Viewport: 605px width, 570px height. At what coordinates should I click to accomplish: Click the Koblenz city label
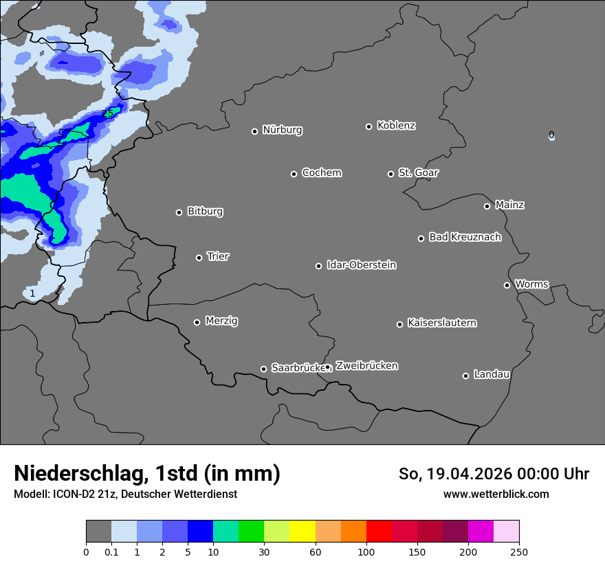[x=396, y=126]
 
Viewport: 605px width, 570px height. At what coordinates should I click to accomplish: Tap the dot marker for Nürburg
[x=254, y=131]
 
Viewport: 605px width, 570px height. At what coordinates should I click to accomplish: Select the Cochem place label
[x=321, y=173]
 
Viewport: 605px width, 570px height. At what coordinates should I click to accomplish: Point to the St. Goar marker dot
[x=390, y=174]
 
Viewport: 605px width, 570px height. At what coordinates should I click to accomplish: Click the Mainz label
[x=509, y=205]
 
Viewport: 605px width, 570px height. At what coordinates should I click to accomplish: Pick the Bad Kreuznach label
[x=465, y=237]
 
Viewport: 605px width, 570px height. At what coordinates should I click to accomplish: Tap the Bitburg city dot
[x=179, y=212]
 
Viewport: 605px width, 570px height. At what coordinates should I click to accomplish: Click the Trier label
[x=218, y=256]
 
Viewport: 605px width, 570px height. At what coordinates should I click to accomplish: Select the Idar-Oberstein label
[x=361, y=265]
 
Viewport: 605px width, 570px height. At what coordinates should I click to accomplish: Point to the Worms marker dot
[x=507, y=285]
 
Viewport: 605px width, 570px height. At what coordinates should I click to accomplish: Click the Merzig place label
[x=221, y=321]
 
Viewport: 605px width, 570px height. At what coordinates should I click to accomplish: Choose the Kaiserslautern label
[x=441, y=323]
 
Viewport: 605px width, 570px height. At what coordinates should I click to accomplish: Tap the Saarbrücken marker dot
[x=263, y=369]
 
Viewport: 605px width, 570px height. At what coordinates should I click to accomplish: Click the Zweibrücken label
[x=366, y=366]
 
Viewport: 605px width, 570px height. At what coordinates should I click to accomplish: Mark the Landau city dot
[x=465, y=376]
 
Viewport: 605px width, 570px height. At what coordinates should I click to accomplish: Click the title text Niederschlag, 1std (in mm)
[x=147, y=473]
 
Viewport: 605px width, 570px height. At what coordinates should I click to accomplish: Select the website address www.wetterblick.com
[x=496, y=494]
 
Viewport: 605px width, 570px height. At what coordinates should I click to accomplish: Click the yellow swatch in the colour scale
[x=302, y=532]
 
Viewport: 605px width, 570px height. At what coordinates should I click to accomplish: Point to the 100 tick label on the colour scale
[x=366, y=551]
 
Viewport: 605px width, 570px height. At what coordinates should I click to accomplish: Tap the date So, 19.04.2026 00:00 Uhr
[x=494, y=474]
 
